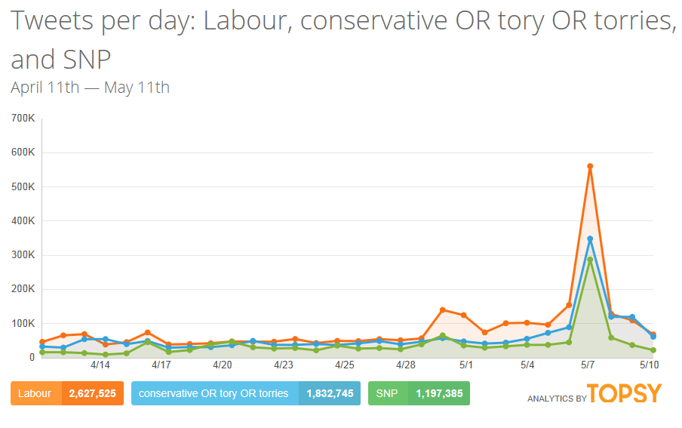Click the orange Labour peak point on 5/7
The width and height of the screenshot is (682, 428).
(x=590, y=166)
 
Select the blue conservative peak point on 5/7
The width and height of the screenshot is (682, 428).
(x=590, y=239)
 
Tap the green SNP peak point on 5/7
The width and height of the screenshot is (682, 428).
(x=590, y=260)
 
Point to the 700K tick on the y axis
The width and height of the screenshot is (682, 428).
(x=23, y=119)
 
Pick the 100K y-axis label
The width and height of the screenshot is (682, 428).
(x=23, y=323)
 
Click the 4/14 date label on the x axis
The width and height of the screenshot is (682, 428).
(x=100, y=365)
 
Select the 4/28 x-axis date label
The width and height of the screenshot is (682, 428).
(x=406, y=365)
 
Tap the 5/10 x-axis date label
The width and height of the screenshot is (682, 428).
(x=650, y=365)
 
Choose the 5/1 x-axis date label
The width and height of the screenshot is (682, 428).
(x=466, y=365)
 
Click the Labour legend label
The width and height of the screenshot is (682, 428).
(x=35, y=393)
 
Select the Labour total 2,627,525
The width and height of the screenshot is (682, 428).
(x=92, y=393)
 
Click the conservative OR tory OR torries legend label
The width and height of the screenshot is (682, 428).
(x=214, y=393)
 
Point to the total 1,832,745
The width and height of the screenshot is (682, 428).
(x=330, y=393)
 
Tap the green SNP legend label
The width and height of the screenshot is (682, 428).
(x=386, y=393)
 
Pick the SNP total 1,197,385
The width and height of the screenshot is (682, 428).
(x=438, y=393)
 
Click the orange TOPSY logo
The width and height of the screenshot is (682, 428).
(x=624, y=393)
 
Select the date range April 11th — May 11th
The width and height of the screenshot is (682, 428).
(x=90, y=87)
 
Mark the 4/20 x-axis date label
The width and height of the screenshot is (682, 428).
(x=222, y=365)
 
